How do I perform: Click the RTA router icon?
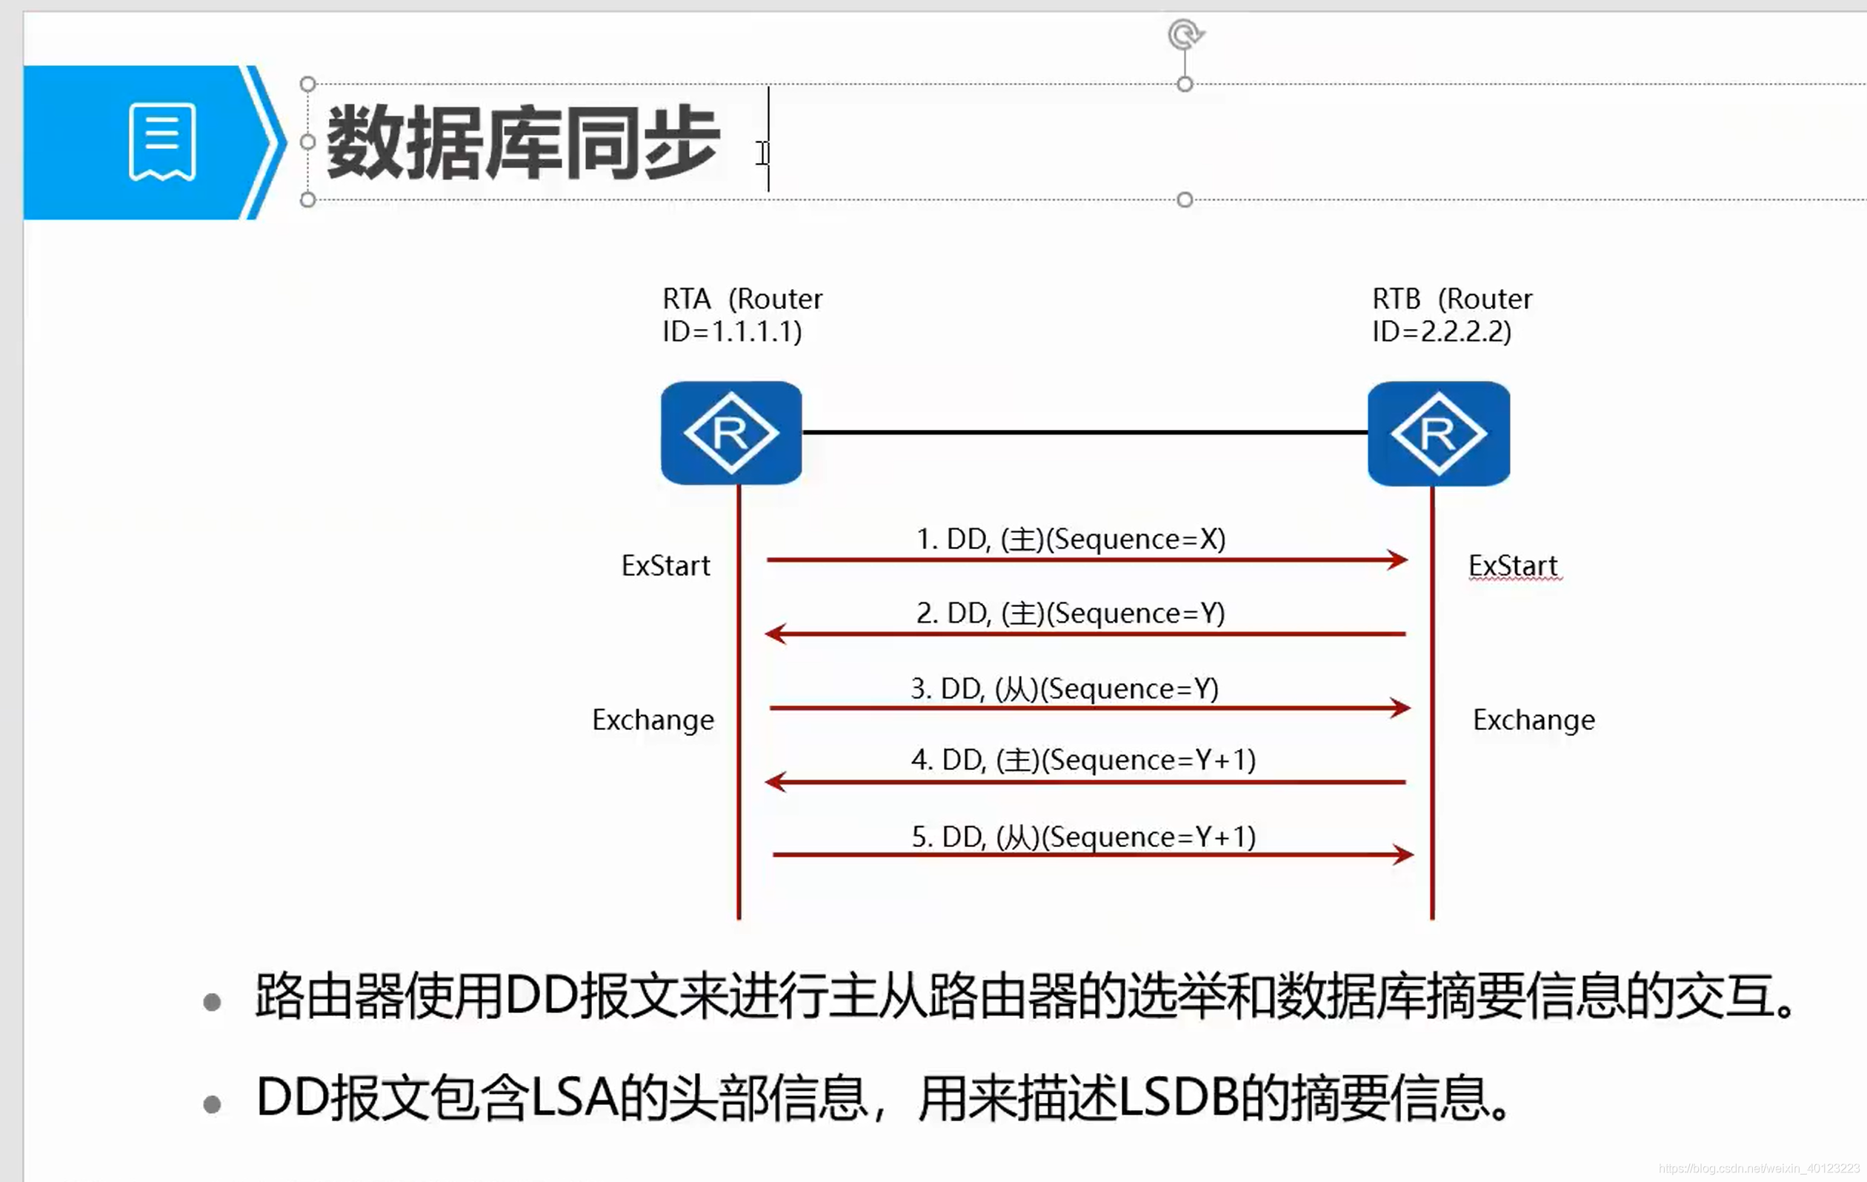731,433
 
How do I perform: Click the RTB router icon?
1438,434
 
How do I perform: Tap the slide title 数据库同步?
523,143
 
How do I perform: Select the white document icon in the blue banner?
162,141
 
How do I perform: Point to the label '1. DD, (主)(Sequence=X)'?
1071,539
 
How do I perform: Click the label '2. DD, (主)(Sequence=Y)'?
1071,614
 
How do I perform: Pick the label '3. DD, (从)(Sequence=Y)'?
1065,688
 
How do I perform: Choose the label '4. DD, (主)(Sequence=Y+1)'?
1083,760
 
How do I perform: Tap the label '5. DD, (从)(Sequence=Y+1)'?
1083,837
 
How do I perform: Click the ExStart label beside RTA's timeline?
665,565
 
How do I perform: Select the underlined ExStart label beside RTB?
1513,565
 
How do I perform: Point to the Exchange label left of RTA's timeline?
653,720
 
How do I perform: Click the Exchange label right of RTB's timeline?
1534,720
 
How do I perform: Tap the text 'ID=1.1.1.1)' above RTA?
732,332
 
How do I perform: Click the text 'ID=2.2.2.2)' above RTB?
1441,332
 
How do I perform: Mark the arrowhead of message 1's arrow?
1399,560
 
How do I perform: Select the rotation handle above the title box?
1185,35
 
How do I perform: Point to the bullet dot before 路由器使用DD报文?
212,1002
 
